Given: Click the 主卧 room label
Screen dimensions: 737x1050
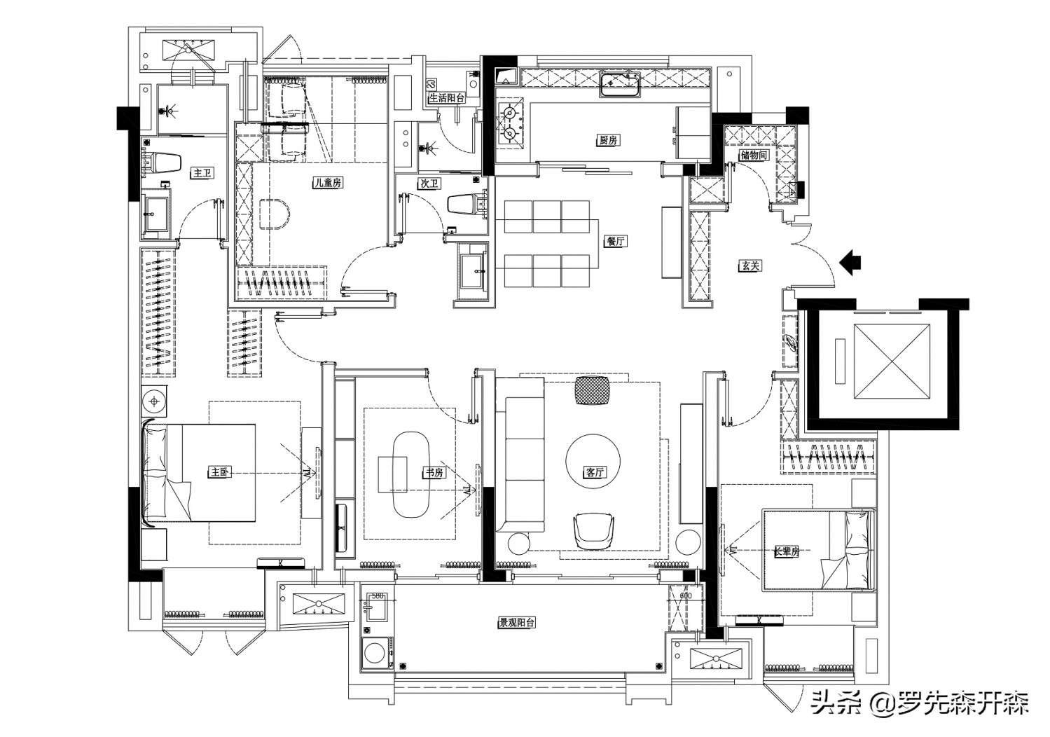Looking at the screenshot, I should pos(219,472).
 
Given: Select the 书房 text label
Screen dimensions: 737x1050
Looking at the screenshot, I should pos(433,473).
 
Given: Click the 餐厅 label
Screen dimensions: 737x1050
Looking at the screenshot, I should pos(616,242).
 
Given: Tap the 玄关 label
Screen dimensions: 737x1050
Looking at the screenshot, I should pos(749,266).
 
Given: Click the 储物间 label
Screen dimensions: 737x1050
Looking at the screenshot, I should pos(753,156).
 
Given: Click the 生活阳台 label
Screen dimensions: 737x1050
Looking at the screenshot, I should pos(447,98).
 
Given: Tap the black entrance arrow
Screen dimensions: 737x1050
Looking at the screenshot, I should pos(850,261).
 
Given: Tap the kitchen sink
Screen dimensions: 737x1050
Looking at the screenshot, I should pos(619,85).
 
